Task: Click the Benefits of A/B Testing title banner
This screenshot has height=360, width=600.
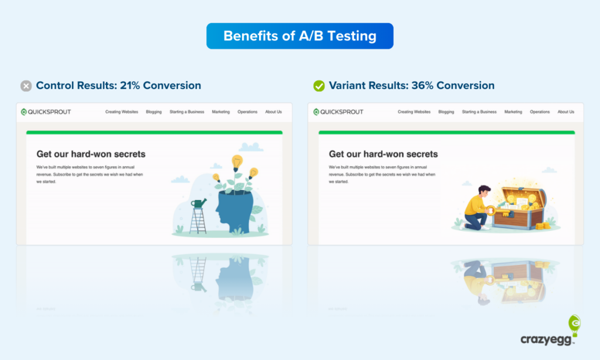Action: click(x=299, y=36)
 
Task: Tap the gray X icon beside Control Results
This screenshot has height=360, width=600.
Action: click(x=26, y=86)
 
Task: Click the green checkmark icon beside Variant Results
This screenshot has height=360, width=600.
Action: click(x=319, y=86)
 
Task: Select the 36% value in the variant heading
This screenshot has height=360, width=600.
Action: click(x=422, y=86)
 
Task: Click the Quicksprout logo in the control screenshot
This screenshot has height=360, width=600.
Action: click(x=45, y=112)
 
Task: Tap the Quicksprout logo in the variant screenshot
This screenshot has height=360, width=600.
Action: click(x=338, y=112)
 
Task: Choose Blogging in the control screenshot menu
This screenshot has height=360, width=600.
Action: click(x=154, y=112)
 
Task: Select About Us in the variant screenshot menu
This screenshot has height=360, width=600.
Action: click(x=566, y=112)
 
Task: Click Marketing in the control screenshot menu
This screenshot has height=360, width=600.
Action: click(x=221, y=112)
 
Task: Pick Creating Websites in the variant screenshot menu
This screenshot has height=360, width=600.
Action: click(x=414, y=112)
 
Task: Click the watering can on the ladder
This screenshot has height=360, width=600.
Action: click(x=199, y=203)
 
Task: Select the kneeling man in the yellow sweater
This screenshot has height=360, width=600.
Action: click(x=477, y=208)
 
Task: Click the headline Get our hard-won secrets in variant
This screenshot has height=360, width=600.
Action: click(x=383, y=154)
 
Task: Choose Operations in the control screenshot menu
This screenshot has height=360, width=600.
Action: click(x=247, y=112)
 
